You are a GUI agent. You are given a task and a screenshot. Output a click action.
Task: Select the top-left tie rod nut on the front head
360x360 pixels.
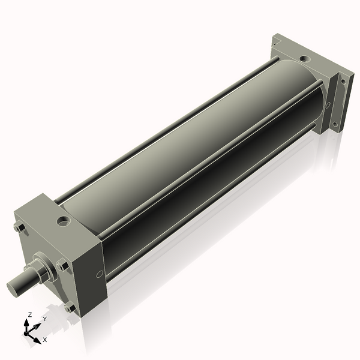[x=20, y=228]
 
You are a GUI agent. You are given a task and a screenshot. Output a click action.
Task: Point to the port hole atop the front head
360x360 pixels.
[x=64, y=221]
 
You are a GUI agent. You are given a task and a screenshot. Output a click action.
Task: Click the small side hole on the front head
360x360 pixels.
[x=100, y=274]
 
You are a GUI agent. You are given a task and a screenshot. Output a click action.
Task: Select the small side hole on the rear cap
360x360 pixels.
[x=328, y=105]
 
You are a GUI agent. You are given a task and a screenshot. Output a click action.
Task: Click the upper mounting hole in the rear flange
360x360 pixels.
[x=343, y=81]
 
